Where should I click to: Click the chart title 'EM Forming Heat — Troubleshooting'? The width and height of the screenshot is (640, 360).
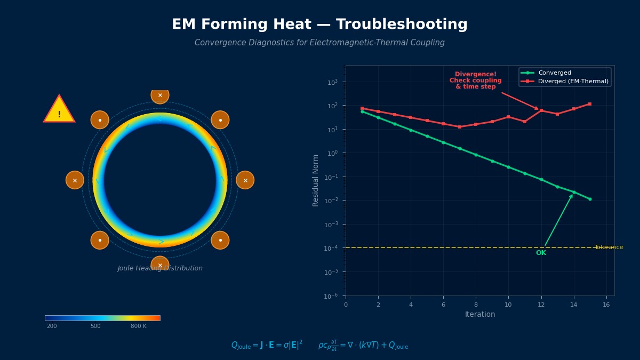pyautogui.click(x=319, y=25)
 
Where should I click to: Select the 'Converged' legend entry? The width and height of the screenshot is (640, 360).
pyautogui.click(x=554, y=73)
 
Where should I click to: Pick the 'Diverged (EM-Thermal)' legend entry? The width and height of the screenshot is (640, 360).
pyautogui.click(x=573, y=82)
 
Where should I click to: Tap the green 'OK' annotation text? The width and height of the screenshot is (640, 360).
pyautogui.click(x=541, y=253)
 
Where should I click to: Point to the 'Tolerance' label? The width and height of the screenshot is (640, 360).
pyautogui.click(x=609, y=247)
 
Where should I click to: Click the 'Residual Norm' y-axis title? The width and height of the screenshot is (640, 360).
pyautogui.click(x=316, y=180)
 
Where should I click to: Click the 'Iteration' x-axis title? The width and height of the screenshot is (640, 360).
pyautogui.click(x=480, y=315)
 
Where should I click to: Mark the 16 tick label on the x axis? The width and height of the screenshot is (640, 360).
pyautogui.click(x=606, y=305)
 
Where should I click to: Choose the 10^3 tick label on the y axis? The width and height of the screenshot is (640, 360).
pyautogui.click(x=332, y=82)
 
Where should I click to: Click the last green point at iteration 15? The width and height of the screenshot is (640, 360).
pyautogui.click(x=590, y=199)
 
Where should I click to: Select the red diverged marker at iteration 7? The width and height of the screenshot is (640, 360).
pyautogui.click(x=460, y=127)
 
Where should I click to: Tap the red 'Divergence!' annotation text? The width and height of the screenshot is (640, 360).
pyautogui.click(x=475, y=74)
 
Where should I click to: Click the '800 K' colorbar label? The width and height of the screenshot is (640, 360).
pyautogui.click(x=138, y=326)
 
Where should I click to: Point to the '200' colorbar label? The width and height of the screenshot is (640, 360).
pyautogui.click(x=52, y=326)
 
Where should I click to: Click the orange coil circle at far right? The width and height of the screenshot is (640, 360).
pyautogui.click(x=245, y=180)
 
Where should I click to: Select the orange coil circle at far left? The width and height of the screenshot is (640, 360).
pyautogui.click(x=75, y=180)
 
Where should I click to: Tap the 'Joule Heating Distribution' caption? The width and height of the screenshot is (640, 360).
pyautogui.click(x=160, y=269)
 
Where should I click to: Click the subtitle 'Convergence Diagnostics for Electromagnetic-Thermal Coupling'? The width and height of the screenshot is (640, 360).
pyautogui.click(x=319, y=43)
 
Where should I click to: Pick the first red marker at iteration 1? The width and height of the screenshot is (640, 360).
pyautogui.click(x=362, y=108)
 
